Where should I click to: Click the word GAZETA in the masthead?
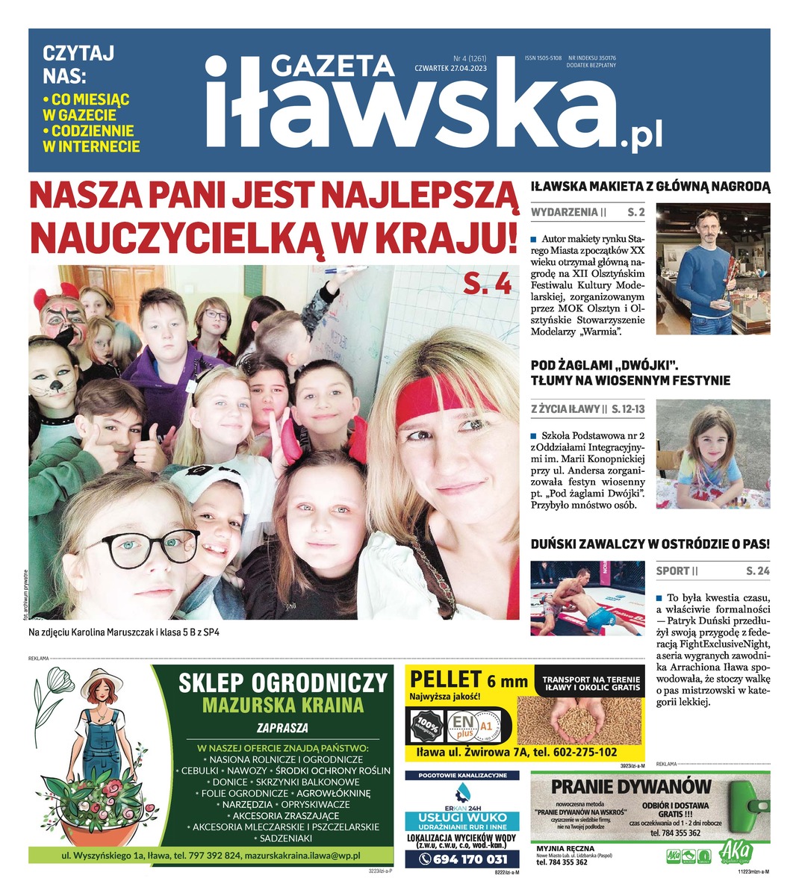point(332,66)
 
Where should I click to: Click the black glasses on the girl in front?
point(149,549)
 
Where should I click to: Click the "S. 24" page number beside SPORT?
point(757,571)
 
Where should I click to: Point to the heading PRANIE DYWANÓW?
point(631,786)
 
